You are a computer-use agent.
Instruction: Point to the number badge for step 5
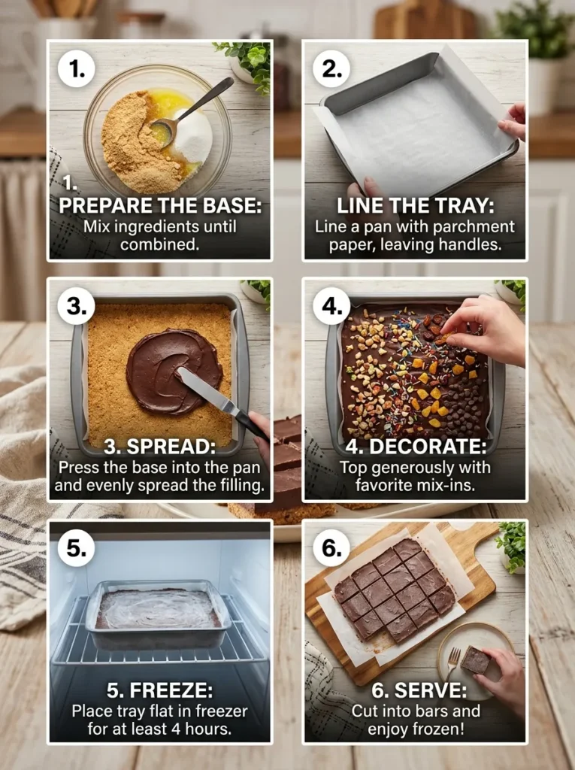click(77, 548)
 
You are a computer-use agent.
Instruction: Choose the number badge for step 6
click(331, 548)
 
